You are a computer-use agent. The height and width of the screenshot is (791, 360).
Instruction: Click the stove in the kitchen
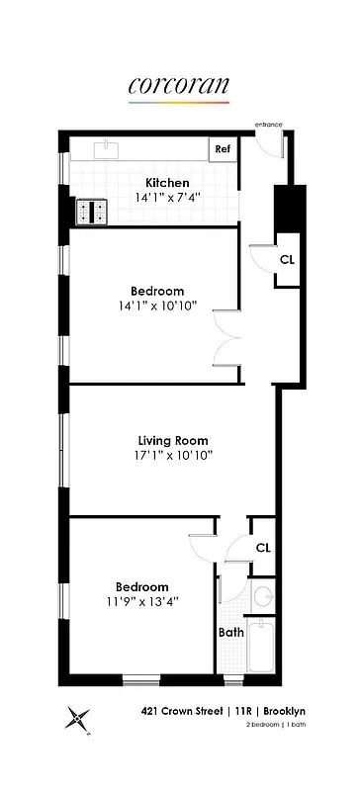(97, 210)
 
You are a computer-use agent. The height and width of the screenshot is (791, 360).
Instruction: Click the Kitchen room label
(167, 183)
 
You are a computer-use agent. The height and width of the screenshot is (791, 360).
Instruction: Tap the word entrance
(268, 125)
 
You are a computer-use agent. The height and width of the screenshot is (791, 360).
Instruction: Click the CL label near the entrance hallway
(286, 260)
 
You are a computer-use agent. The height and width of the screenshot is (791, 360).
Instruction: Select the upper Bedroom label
(157, 291)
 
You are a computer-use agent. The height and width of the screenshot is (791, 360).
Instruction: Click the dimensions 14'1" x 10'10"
(158, 306)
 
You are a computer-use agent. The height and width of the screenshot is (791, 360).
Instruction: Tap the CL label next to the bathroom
(262, 547)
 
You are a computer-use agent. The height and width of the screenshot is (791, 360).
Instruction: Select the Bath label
(230, 632)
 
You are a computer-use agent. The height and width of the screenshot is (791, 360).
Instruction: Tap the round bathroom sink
(263, 596)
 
